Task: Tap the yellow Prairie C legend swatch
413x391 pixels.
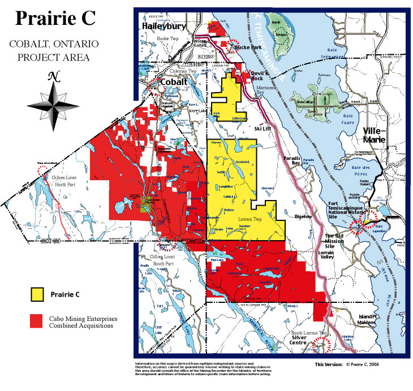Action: (x=38, y=294)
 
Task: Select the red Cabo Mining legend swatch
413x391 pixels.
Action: (x=38, y=321)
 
